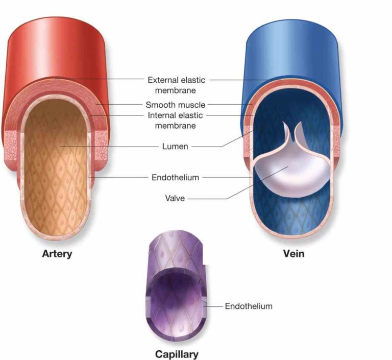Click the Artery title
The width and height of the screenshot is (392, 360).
(x=57, y=254)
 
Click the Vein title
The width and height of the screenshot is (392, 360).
(x=294, y=254)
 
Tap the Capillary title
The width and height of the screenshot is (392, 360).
(x=177, y=354)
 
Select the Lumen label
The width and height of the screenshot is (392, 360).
(x=175, y=147)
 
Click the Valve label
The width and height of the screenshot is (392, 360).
(x=175, y=198)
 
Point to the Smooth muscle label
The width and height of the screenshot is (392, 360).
(x=175, y=105)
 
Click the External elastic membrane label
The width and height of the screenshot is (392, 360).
(x=176, y=85)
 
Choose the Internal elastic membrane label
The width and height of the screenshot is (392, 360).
(x=175, y=121)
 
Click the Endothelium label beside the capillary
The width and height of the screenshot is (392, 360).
(x=249, y=306)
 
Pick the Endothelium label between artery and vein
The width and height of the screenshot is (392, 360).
(x=175, y=177)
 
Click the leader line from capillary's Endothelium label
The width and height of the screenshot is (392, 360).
(x=212, y=306)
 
